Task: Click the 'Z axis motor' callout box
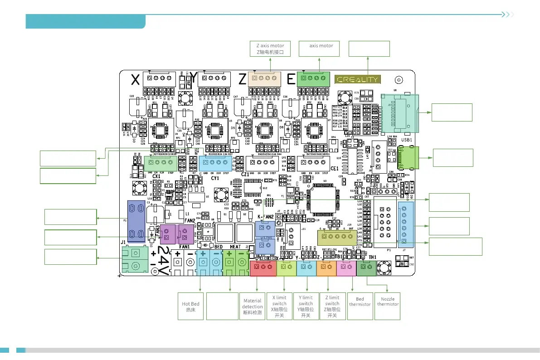270,49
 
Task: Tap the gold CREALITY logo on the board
357,79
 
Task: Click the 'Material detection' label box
253,306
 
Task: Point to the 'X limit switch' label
279,306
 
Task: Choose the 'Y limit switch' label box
306,306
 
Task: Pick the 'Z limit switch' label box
332,306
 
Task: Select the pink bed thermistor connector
346,268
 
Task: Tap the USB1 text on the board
406,140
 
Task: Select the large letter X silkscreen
135,80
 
